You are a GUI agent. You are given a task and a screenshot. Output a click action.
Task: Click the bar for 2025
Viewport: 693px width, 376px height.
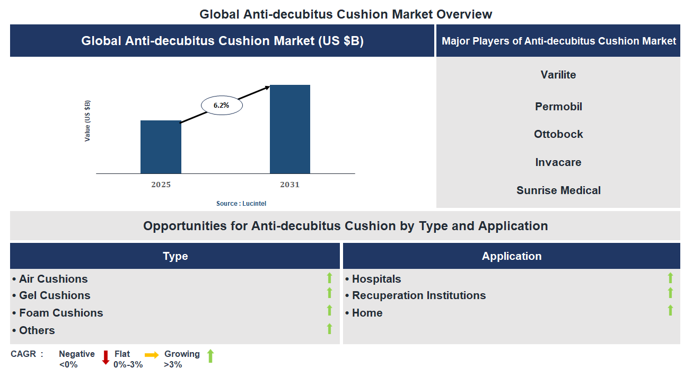point(161,147)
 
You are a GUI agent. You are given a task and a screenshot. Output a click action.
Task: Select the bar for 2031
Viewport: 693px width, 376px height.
point(290,129)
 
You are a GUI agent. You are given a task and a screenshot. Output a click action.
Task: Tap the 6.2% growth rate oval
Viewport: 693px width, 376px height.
point(222,106)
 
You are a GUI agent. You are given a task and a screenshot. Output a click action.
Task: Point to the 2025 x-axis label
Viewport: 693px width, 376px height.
point(161,185)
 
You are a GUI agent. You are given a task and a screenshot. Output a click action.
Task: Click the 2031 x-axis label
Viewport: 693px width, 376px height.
point(290,185)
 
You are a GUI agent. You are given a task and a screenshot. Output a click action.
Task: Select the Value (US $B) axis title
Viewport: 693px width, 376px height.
point(87,121)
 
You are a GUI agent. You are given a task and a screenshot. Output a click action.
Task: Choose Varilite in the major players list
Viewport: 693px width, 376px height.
point(558,75)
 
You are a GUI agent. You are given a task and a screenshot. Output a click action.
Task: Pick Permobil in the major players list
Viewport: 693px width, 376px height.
point(558,107)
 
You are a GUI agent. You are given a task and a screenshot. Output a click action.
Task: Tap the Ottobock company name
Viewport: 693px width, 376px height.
point(558,134)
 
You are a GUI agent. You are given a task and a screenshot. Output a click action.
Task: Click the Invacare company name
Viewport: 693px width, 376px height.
point(558,162)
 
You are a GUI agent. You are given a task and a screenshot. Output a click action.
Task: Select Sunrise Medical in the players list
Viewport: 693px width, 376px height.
point(558,190)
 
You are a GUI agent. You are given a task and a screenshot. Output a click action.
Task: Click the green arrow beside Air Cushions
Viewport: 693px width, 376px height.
point(329,278)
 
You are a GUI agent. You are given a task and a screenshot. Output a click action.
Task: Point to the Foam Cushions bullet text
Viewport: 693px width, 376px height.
point(61,313)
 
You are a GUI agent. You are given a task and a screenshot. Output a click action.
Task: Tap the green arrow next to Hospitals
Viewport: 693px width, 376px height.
point(670,278)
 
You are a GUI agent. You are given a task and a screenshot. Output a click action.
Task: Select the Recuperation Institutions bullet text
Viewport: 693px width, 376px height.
point(418,295)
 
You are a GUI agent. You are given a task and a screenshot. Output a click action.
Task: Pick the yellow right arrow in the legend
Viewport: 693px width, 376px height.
point(152,355)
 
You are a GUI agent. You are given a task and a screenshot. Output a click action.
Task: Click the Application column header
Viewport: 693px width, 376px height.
point(511,256)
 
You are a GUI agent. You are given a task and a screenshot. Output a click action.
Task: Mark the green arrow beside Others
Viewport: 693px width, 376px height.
point(329,329)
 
